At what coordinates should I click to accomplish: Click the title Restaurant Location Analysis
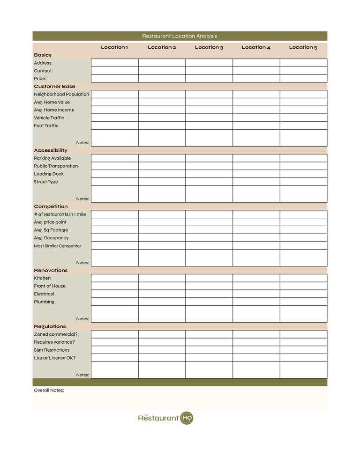click(180, 36)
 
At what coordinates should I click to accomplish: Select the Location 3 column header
click(209, 47)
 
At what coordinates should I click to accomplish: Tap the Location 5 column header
click(303, 47)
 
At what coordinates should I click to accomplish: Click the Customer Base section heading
click(54, 86)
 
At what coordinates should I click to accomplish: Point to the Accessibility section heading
click(51, 150)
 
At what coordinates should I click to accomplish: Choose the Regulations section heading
click(50, 326)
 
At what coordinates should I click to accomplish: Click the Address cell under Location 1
click(114, 63)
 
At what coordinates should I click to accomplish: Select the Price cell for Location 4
click(256, 79)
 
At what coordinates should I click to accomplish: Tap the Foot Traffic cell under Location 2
click(162, 125)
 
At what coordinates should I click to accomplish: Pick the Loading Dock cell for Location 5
click(303, 174)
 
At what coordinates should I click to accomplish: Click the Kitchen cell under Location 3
click(209, 278)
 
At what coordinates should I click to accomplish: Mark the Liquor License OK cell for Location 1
click(114, 358)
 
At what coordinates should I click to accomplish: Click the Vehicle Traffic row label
click(49, 118)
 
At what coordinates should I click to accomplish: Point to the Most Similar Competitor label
click(57, 246)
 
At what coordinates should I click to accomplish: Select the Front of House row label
click(50, 286)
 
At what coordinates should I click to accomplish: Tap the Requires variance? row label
click(54, 342)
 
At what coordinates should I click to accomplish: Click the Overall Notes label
click(49, 390)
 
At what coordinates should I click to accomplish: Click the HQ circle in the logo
click(187, 418)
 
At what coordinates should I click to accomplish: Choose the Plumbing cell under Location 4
click(256, 302)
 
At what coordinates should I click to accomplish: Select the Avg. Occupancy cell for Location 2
click(162, 238)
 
